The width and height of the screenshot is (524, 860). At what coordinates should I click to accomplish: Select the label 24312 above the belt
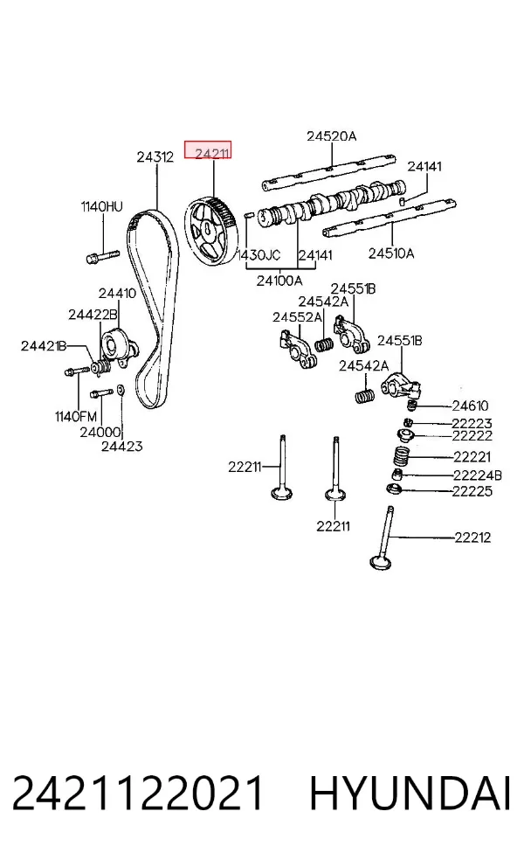point(155,156)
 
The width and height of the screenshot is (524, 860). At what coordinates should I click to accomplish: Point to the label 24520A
point(331,136)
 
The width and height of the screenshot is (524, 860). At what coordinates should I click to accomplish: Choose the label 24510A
point(390,253)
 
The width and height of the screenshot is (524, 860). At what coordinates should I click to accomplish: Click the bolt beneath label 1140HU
point(102,255)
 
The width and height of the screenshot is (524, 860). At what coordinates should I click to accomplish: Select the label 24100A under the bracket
point(279,281)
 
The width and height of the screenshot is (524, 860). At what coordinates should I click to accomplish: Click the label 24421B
point(44,345)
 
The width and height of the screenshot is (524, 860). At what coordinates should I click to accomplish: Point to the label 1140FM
point(76,417)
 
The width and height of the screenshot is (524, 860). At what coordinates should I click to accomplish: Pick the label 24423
point(121,447)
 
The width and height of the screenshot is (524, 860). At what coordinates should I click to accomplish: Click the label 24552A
point(298,317)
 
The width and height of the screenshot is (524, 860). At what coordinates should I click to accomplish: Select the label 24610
point(470,406)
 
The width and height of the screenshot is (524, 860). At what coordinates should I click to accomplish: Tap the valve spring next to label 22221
point(404,457)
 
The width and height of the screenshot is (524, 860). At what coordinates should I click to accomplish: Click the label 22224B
point(477,475)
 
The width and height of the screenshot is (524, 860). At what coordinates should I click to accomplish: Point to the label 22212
point(472,537)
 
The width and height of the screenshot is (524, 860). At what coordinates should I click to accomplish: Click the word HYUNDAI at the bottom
point(410,794)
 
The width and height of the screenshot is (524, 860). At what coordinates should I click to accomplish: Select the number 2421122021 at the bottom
point(138,794)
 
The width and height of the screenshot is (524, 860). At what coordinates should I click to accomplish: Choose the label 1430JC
point(259,255)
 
